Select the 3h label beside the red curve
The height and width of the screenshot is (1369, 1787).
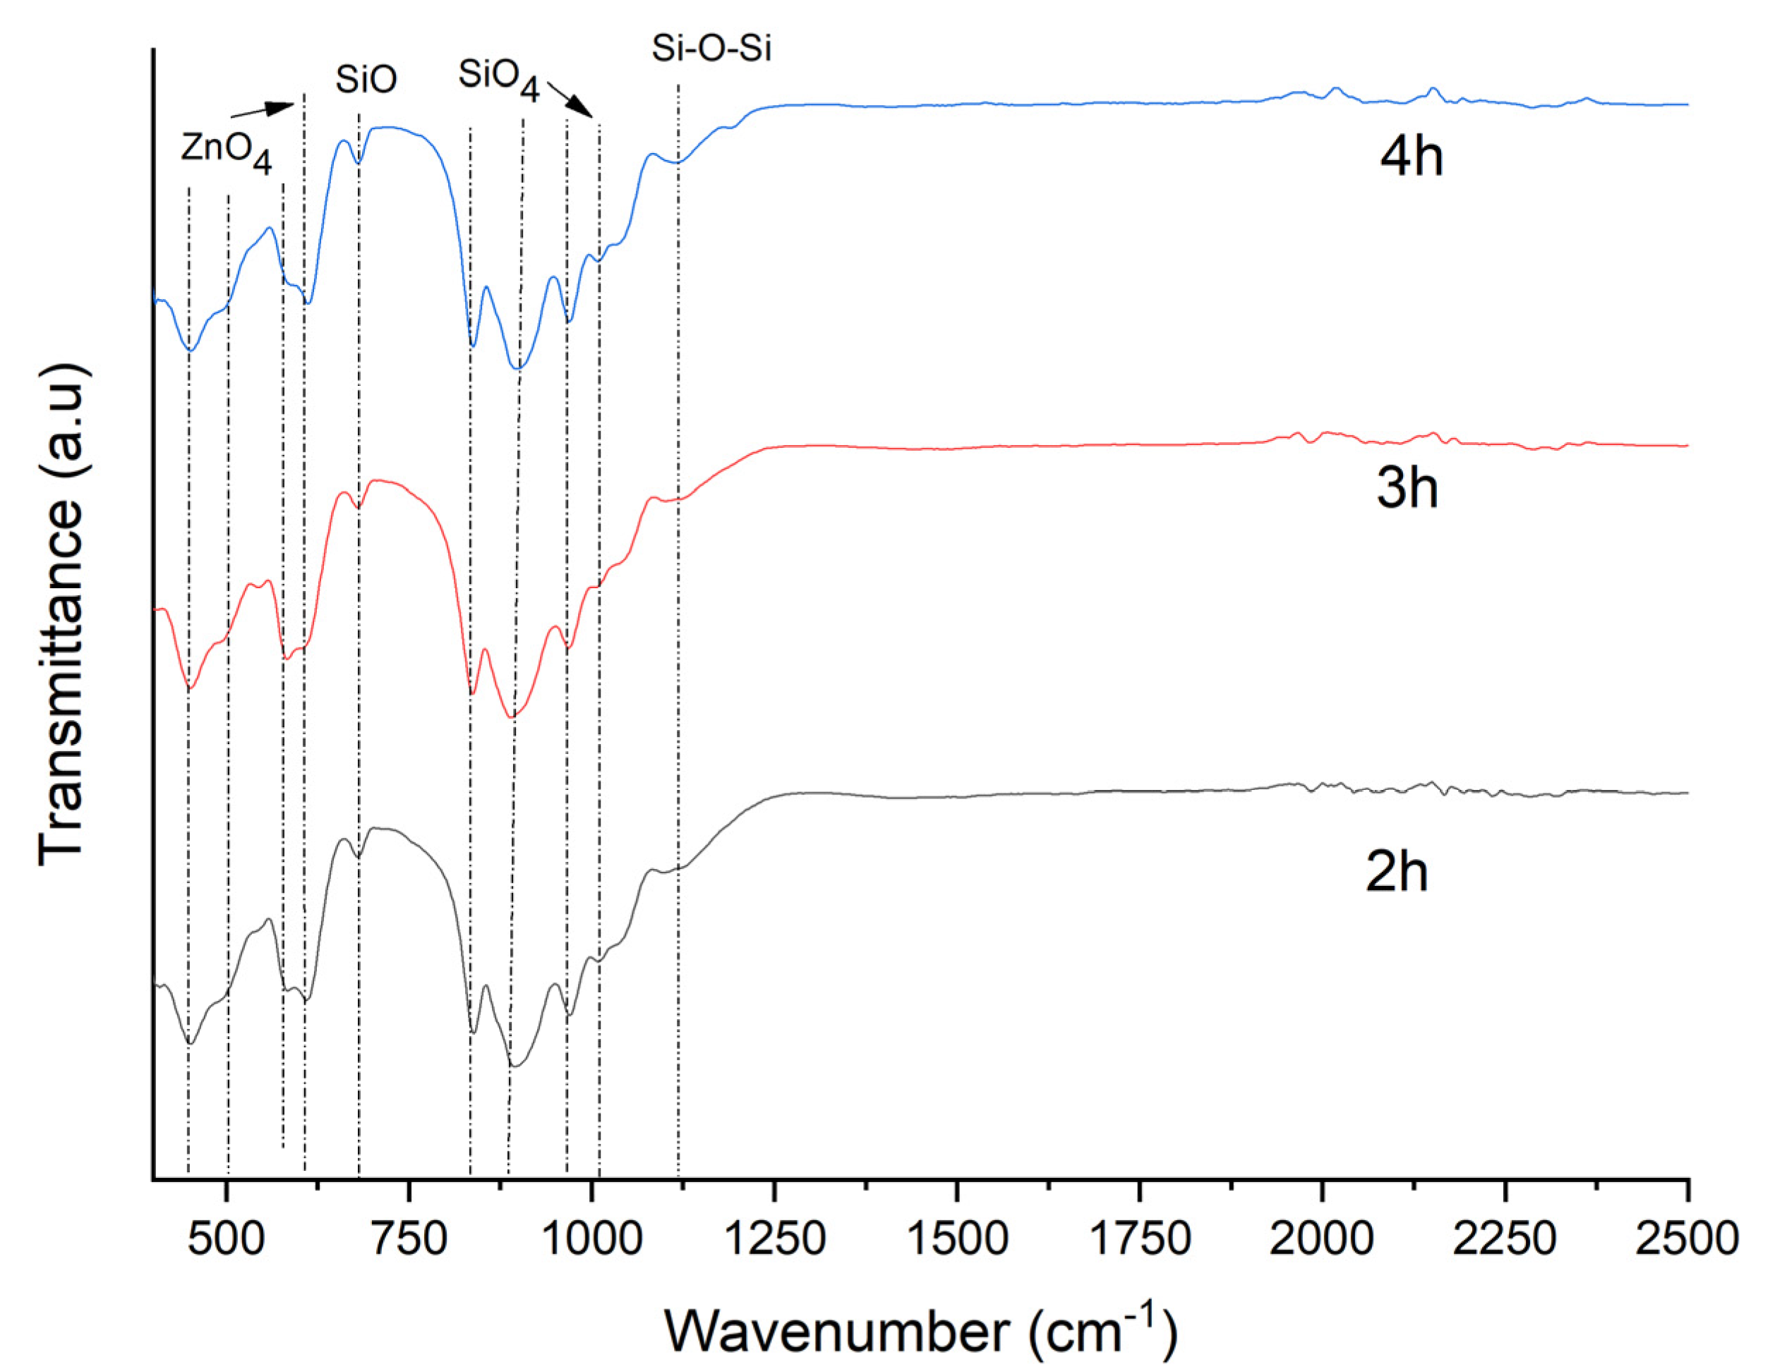[1407, 489]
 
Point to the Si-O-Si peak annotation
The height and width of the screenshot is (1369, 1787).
[711, 49]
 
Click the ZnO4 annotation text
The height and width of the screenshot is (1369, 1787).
[226, 152]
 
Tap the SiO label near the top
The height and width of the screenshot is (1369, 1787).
[366, 80]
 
